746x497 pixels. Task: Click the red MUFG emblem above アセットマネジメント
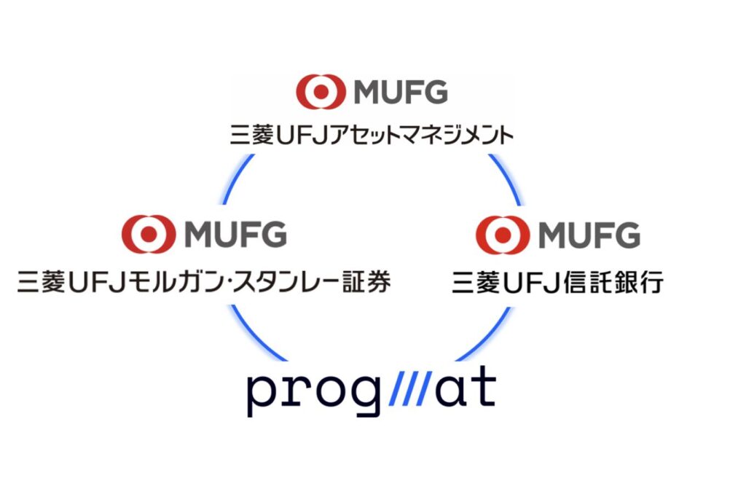(x=321, y=91)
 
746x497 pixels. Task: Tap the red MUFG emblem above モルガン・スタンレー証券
(x=149, y=233)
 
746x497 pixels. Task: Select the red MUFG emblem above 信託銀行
(x=503, y=234)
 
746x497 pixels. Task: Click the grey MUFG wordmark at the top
(x=401, y=92)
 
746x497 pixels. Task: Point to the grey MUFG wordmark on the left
(x=235, y=234)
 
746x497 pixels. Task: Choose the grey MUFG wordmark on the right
(x=589, y=235)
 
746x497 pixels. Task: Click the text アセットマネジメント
(x=422, y=135)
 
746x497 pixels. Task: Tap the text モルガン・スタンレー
(x=234, y=281)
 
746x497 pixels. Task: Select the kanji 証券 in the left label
(x=367, y=281)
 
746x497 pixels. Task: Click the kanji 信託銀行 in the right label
(x=613, y=282)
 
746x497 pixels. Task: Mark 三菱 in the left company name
(x=41, y=281)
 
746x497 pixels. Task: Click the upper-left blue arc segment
(x=237, y=178)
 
